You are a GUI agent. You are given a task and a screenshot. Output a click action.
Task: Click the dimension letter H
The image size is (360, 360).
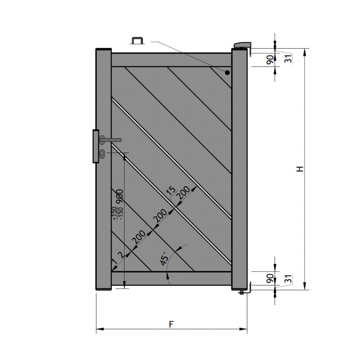pyautogui.click(x=300, y=169)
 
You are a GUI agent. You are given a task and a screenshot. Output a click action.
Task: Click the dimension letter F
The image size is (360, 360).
pyautogui.click(x=171, y=324)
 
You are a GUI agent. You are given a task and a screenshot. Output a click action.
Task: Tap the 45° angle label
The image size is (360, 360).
pyautogui.click(x=165, y=258)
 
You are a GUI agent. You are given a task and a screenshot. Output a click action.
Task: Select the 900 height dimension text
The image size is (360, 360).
pyautogui.click(x=120, y=196)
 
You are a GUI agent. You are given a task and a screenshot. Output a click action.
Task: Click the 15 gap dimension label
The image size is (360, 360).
pyautogui.click(x=171, y=190)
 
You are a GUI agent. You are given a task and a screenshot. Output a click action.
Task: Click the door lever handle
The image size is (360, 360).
pyautogui.click(x=111, y=140)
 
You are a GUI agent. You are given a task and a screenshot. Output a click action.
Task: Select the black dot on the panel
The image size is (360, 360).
pyautogui.click(x=227, y=73)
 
